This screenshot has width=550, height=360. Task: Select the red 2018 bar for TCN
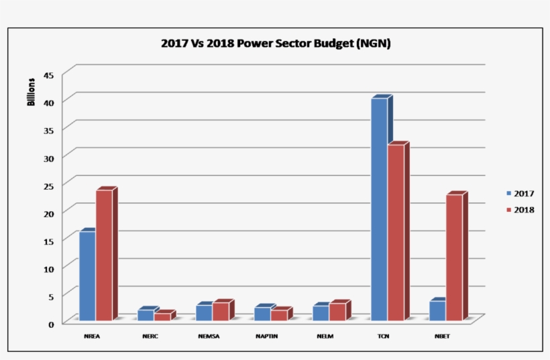pyautogui.click(x=396, y=232)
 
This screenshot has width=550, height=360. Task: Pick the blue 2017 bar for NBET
pyautogui.click(x=437, y=310)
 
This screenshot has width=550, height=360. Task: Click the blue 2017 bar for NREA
pyautogui.click(x=87, y=276)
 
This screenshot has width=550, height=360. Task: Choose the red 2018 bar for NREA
pyautogui.click(x=104, y=255)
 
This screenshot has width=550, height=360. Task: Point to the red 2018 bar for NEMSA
pyautogui.click(x=221, y=311)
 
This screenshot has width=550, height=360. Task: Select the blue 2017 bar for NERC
pyautogui.click(x=146, y=314)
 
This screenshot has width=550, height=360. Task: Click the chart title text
pyautogui.click(x=276, y=44)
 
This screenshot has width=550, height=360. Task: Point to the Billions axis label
pyautogui.click(x=31, y=93)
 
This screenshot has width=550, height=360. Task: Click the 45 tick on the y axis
pyautogui.click(x=48, y=75)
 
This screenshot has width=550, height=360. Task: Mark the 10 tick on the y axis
pyautogui.click(x=48, y=268)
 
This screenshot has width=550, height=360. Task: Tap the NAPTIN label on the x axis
pyautogui.click(x=264, y=336)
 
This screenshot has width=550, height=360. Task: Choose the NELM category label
pyautogui.click(x=324, y=336)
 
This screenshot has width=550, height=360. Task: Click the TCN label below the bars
pyautogui.click(x=383, y=336)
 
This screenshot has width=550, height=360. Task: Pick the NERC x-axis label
pyautogui.click(x=150, y=336)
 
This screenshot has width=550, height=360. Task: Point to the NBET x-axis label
pyautogui.click(x=442, y=336)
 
